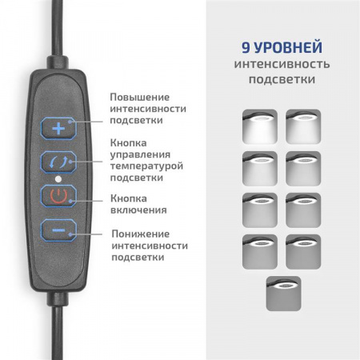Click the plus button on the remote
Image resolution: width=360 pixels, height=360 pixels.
(58, 127)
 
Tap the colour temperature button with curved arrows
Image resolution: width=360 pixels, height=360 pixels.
(58, 161)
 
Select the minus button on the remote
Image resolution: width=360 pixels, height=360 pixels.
(58, 230)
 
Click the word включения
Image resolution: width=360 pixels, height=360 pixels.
(138, 210)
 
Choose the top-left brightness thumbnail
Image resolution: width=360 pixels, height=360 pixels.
(259, 126)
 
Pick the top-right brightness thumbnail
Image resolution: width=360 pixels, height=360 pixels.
(303, 126)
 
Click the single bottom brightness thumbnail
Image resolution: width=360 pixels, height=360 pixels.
(282, 293)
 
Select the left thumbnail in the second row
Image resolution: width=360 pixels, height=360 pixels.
(259, 168)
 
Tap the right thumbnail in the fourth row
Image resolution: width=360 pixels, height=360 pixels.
(303, 251)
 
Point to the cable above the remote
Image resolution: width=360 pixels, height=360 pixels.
(58, 32)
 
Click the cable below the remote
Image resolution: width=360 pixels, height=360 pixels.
(58, 328)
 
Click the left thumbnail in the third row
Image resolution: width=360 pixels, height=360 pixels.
(259, 210)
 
